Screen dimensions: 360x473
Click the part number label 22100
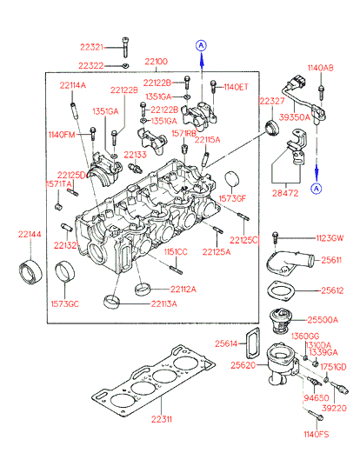[156, 62]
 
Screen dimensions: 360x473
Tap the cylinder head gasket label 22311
[162, 419]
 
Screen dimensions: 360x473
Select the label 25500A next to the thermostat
[323, 319]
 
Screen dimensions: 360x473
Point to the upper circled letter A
[201, 45]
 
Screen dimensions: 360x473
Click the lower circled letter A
[317, 189]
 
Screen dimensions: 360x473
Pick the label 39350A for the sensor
[294, 117]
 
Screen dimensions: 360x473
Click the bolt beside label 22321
[125, 47]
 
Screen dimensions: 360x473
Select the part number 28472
[285, 193]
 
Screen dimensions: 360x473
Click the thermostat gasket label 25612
[332, 290]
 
